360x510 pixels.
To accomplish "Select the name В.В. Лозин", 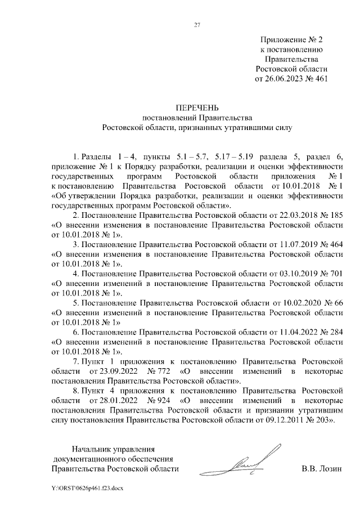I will [322, 469].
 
